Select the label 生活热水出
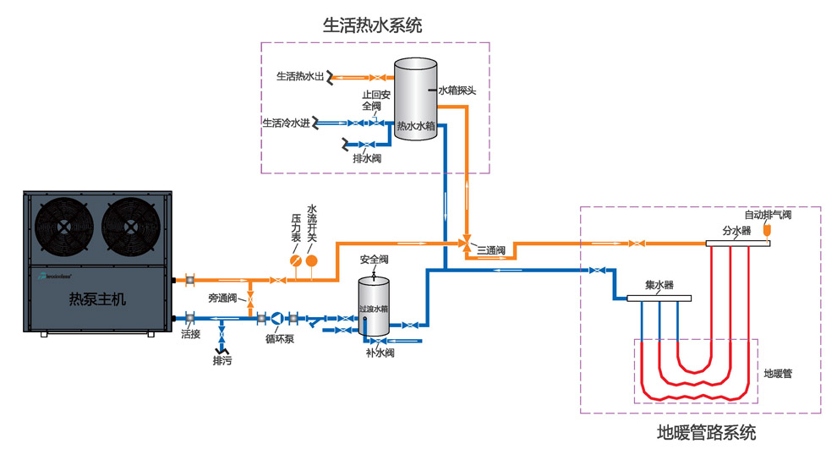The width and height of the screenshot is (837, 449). coord(301,76)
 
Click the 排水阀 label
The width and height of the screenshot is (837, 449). coord(367,158)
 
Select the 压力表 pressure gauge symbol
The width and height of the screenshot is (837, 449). coord(294,261)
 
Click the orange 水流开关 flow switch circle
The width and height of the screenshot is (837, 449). coord(311,261)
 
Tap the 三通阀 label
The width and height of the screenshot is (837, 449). coord(490,251)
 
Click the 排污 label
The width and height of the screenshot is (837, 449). coord(222,360)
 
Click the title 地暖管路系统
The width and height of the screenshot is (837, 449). coord(707,434)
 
